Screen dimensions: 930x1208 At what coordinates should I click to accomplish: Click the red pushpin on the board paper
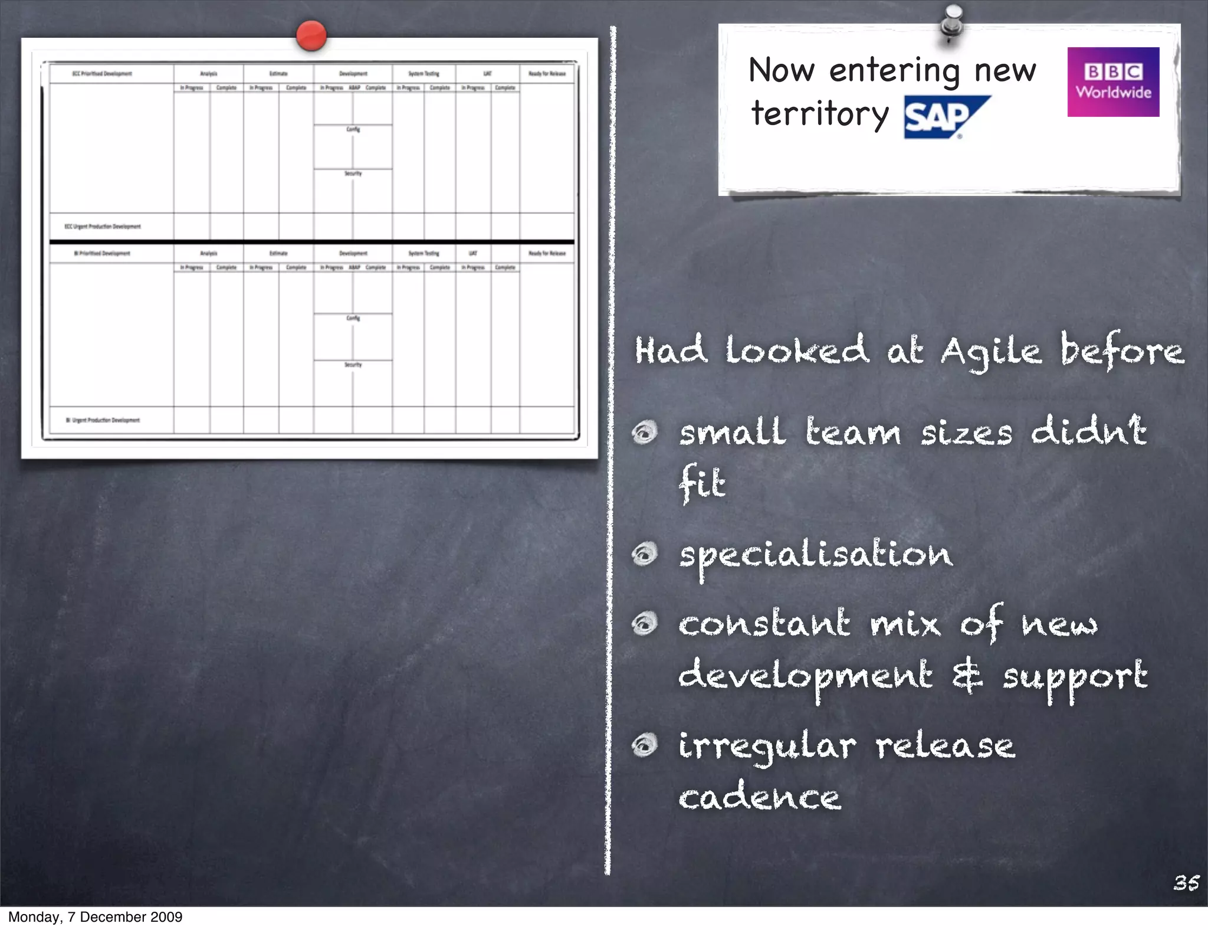[311, 35]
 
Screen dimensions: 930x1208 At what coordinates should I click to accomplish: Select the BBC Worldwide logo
[1112, 82]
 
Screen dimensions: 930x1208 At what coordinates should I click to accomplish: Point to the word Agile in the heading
[990, 352]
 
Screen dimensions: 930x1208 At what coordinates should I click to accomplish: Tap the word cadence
[759, 798]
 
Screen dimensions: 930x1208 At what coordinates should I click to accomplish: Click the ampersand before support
[967, 675]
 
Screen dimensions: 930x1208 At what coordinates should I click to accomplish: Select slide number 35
[1186, 883]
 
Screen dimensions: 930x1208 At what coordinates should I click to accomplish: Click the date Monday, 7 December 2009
[95, 917]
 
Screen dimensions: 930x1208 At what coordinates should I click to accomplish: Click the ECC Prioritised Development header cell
[102, 74]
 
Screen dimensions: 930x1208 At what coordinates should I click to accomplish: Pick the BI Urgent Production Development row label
[103, 420]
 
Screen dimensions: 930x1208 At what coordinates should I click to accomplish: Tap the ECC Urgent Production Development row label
[103, 227]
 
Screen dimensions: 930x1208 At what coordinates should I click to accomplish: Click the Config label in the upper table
[353, 129]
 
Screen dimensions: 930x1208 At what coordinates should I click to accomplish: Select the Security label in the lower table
[353, 365]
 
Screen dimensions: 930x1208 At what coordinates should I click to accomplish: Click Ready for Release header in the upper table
[546, 74]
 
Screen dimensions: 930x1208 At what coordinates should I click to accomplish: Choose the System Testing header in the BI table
[424, 253]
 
